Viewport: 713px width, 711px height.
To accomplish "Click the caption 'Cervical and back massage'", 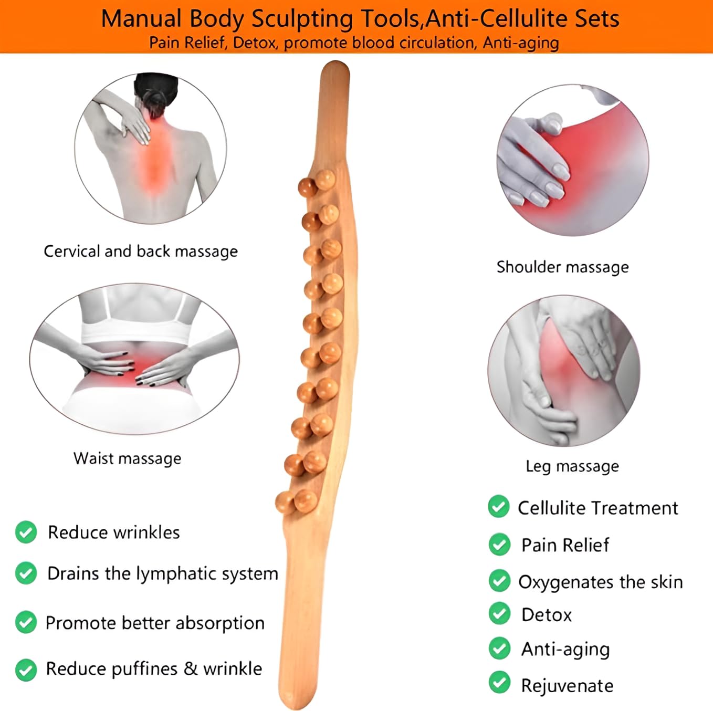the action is [141, 252].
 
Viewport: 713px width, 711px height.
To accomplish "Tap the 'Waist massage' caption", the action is [128, 458].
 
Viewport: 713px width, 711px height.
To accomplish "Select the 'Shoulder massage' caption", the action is [562, 267].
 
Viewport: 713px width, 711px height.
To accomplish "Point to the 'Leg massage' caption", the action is [572, 466].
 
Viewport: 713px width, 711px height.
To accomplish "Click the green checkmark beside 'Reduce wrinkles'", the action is [26, 532].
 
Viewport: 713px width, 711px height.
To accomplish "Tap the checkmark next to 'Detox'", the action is [499, 613].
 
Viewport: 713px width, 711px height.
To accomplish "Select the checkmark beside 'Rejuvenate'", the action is [499, 683].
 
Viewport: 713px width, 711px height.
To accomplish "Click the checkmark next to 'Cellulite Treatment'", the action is [498, 507].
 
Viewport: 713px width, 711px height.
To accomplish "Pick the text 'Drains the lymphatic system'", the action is [163, 573].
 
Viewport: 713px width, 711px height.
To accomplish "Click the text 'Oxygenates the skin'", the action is [601, 582].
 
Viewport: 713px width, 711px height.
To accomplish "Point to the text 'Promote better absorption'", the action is [155, 623].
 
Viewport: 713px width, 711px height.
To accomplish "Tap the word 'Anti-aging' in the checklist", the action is [565, 650].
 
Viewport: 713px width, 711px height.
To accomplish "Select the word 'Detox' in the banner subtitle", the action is [254, 43].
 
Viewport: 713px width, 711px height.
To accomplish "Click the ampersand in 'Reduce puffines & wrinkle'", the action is [191, 668].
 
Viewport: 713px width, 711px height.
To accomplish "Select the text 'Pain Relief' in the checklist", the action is [565, 545].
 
